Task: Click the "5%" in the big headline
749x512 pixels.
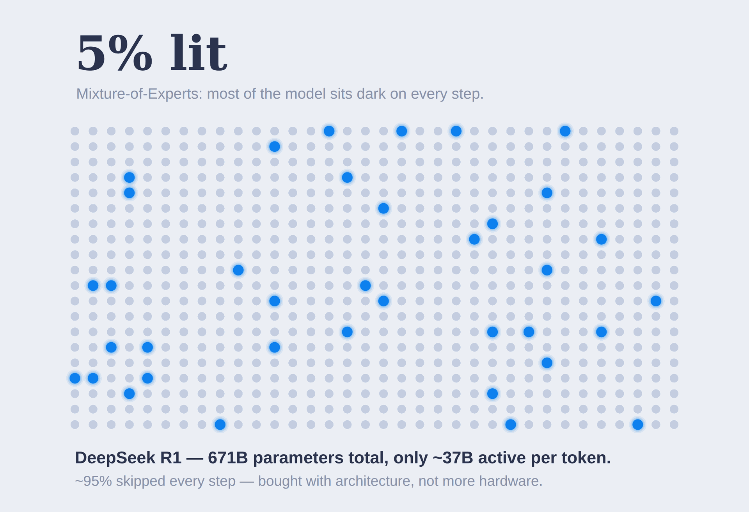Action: point(115,53)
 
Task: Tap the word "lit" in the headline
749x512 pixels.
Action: point(198,53)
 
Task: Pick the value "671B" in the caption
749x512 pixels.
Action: point(228,458)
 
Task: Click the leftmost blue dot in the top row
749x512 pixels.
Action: point(329,131)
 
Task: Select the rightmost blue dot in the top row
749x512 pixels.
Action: point(565,131)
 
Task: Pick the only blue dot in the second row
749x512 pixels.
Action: point(275,146)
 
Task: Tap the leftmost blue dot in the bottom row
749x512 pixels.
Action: point(220,425)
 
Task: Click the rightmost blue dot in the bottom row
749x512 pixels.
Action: point(637,425)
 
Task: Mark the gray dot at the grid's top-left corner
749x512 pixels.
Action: point(75,131)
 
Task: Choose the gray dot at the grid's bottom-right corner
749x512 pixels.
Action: point(674,425)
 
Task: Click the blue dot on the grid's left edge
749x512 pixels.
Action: point(75,378)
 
